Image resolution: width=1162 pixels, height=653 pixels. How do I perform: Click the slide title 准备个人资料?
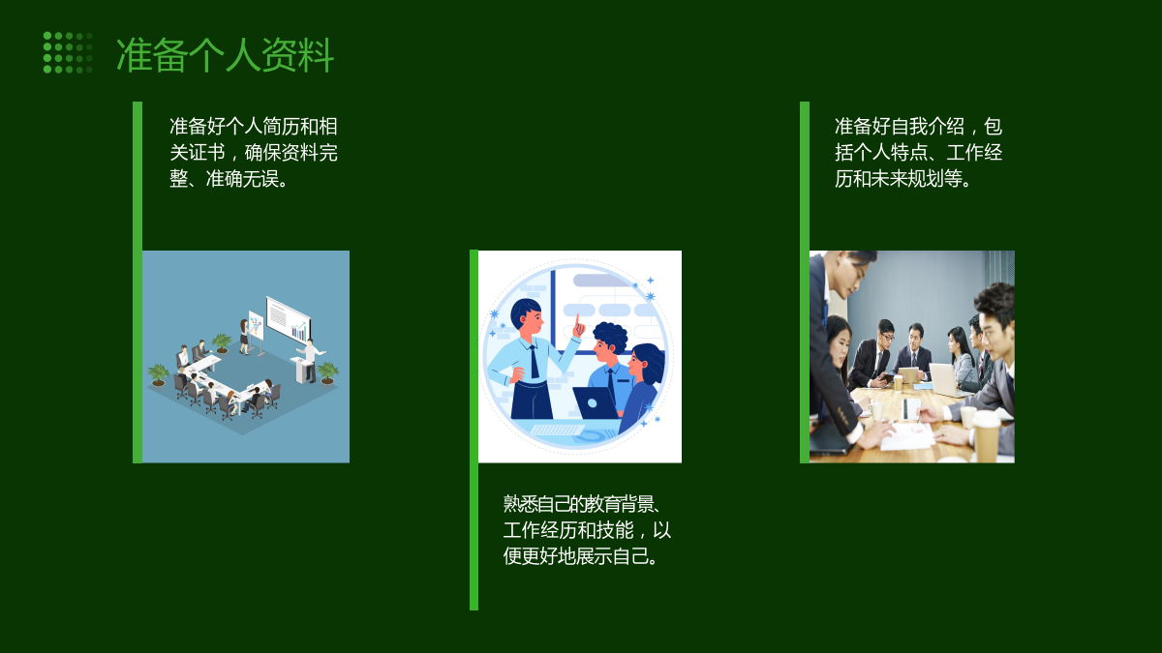[225, 54]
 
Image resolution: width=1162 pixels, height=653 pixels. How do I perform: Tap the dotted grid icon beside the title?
[68, 52]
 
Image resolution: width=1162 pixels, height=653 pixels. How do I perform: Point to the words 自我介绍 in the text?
[927, 127]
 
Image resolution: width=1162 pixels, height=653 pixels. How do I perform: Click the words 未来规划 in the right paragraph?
[908, 179]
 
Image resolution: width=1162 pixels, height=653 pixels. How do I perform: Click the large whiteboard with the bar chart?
[289, 318]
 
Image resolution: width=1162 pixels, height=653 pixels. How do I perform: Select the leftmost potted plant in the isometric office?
[158, 374]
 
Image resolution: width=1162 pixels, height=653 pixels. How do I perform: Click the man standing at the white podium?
[311, 360]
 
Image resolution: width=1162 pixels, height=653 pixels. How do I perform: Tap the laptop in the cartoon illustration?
[596, 402]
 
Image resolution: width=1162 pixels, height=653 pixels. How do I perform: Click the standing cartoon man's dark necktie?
[534, 362]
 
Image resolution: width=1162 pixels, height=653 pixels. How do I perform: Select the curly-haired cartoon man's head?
[609, 342]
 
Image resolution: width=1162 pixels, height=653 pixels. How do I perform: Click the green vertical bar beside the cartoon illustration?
[474, 430]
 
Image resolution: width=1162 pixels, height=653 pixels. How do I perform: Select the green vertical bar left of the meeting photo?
[805, 282]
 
